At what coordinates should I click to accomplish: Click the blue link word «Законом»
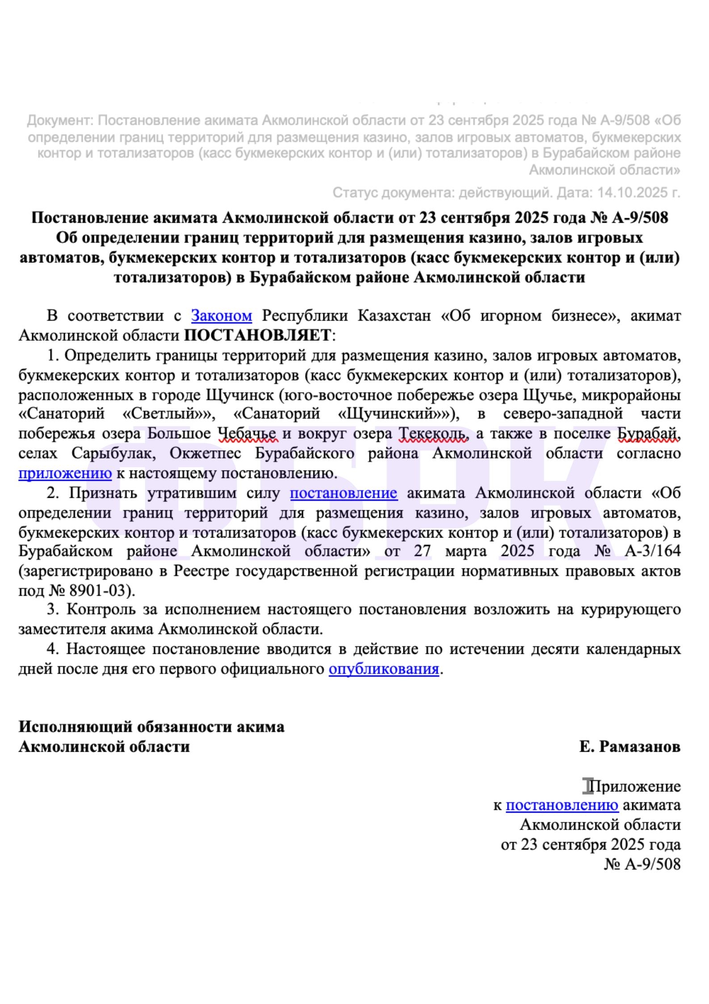coord(221,316)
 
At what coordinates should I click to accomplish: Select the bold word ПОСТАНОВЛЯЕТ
coord(258,335)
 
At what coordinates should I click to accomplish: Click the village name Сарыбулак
coord(113,453)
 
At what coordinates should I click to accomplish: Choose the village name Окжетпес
coord(205,453)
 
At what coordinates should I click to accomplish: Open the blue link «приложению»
coord(65,473)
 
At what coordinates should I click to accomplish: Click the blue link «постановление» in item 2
coord(343,493)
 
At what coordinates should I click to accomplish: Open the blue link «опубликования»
coord(384,669)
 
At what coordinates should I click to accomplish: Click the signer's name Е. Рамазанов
coord(629,746)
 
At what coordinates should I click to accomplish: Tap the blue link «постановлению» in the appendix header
coord(562,805)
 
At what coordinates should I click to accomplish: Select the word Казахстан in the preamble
coord(394,316)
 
